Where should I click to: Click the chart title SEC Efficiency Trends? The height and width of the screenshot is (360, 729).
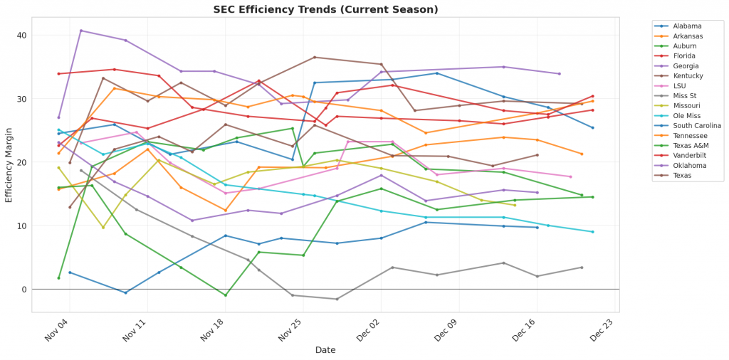[326, 9]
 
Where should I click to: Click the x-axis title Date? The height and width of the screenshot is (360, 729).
[325, 350]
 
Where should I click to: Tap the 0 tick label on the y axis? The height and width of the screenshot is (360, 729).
[23, 290]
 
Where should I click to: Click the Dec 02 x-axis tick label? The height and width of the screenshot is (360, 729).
[371, 332]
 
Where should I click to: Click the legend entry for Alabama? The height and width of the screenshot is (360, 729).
[688, 26]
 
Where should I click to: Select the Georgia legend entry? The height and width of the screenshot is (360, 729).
[688, 65]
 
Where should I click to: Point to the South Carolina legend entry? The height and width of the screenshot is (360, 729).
[697, 125]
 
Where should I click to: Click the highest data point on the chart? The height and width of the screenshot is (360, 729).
[81, 31]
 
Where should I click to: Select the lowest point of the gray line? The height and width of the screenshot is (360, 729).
[337, 299]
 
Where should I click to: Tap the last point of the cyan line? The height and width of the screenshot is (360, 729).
[592, 232]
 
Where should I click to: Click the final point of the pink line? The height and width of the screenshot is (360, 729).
[570, 176]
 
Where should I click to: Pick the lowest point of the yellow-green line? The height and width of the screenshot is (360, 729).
[103, 227]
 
